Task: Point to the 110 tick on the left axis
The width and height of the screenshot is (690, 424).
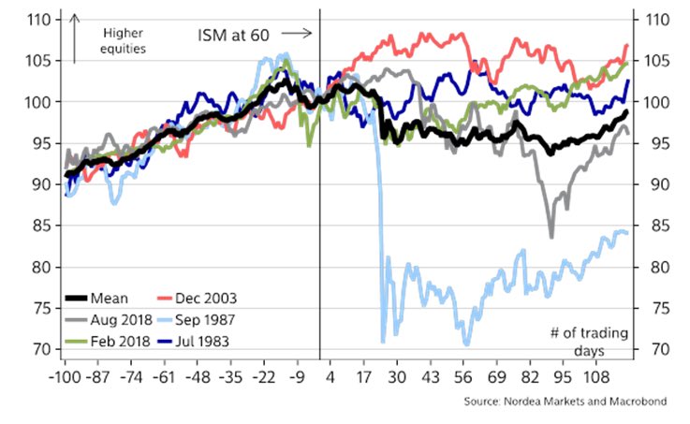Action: pyautogui.click(x=40, y=20)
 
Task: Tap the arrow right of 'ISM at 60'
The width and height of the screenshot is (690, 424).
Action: pyautogui.click(x=304, y=35)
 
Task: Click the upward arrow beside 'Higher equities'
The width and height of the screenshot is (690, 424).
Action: pyautogui.click(x=73, y=38)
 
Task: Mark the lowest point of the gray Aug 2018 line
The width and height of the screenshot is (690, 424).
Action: pyautogui.click(x=551, y=237)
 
